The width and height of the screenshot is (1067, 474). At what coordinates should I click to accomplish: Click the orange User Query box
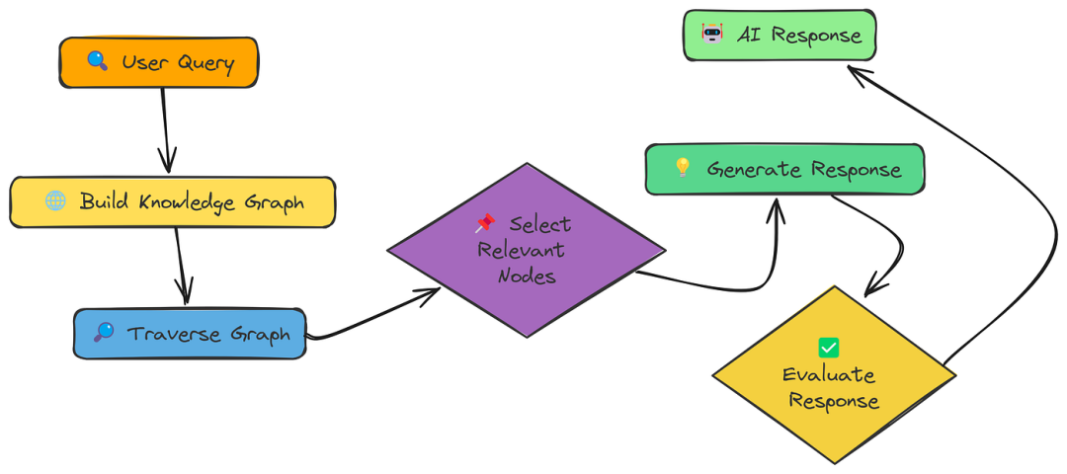coord(159,62)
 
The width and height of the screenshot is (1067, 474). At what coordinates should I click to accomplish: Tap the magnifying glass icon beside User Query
coord(97,61)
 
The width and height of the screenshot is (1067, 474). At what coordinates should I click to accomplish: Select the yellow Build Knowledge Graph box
coord(172,202)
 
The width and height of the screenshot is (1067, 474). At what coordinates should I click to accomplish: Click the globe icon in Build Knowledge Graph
coord(55,200)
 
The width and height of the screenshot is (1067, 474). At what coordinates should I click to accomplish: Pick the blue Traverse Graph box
coord(190,334)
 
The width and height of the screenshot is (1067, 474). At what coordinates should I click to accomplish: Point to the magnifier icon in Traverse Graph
coord(104,332)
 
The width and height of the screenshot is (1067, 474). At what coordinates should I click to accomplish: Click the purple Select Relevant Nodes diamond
coord(526,250)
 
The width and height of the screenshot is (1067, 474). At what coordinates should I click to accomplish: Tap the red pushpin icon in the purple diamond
coord(484,222)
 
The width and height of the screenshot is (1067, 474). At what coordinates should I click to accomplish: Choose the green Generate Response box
coord(784,169)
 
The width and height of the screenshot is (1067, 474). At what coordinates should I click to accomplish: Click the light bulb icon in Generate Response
coord(682,167)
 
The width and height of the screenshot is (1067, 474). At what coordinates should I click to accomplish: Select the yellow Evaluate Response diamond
coord(834,375)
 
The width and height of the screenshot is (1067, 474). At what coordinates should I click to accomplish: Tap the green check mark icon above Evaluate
coord(828,348)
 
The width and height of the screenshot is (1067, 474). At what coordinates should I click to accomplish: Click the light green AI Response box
coord(780,36)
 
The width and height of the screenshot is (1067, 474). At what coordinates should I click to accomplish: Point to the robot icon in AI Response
coord(711,34)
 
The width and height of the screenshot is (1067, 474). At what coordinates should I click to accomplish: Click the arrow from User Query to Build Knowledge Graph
coord(165,129)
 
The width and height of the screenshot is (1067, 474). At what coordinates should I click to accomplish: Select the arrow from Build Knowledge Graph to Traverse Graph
coord(182,266)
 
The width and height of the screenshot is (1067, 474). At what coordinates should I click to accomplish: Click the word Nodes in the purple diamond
coord(526,276)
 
